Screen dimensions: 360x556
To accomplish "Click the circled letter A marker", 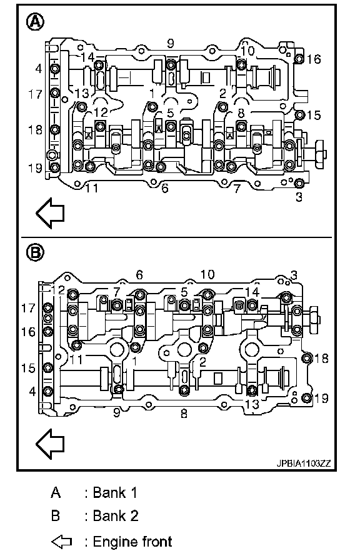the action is [x=36, y=22].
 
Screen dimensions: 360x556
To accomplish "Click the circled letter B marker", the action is [x=36, y=253].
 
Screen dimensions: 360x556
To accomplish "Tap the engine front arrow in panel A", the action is [x=50, y=213].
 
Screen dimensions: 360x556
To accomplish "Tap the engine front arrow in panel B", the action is [x=50, y=444].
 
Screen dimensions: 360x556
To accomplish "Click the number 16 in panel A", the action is [x=314, y=59].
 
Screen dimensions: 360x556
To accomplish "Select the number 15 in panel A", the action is [x=314, y=115].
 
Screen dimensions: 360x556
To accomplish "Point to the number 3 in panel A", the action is [x=299, y=197].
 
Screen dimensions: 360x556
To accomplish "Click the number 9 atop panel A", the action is [x=171, y=43].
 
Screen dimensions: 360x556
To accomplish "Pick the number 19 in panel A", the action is [x=35, y=167].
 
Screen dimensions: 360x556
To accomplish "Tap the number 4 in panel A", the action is [x=39, y=69].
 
